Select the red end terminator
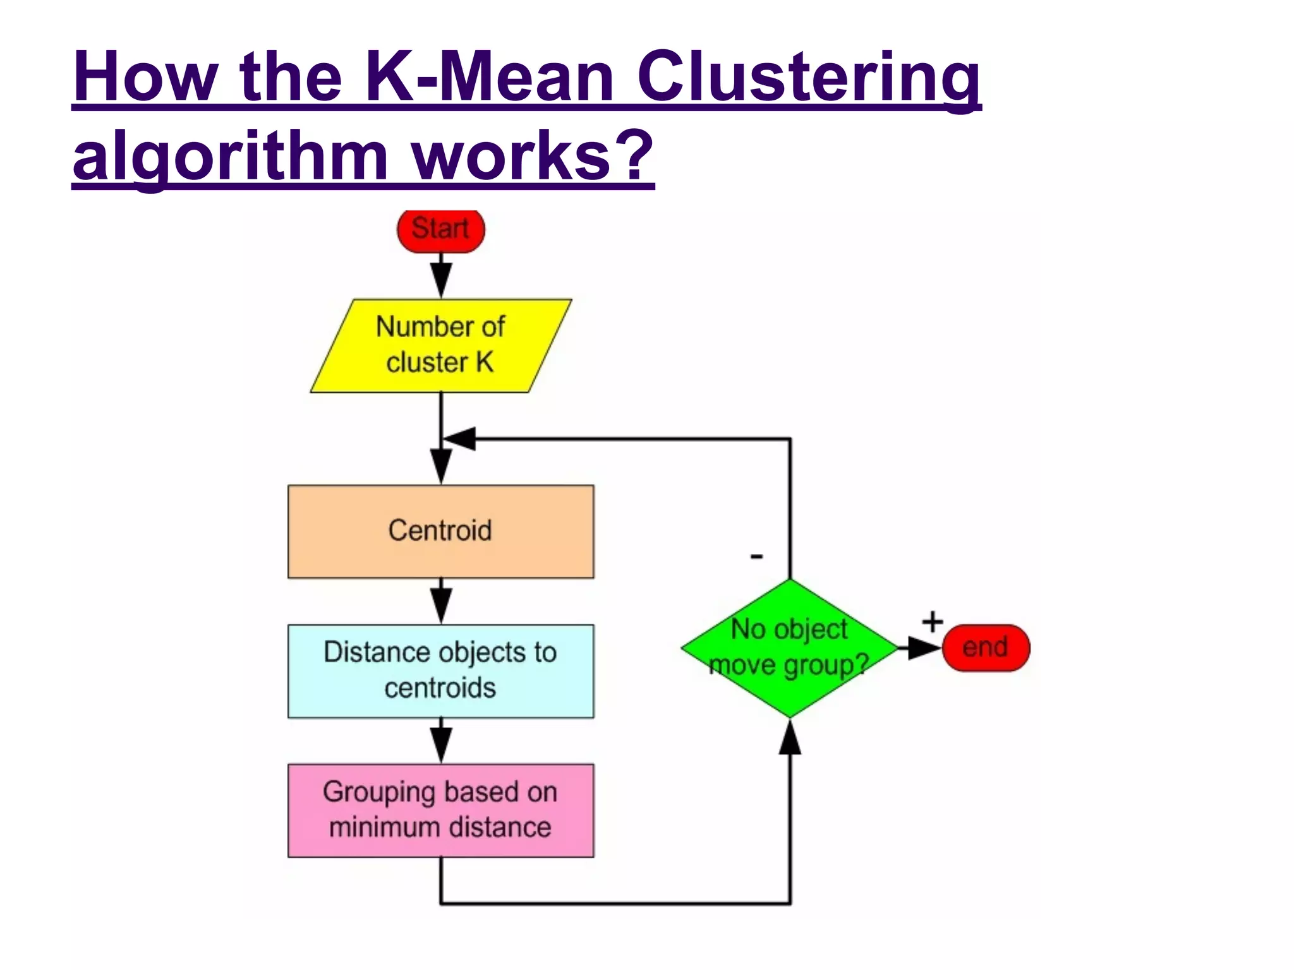click(x=985, y=648)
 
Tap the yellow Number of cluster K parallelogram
click(x=440, y=345)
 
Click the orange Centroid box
click(x=440, y=531)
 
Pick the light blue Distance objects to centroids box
click(x=440, y=671)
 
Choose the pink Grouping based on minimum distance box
click(x=440, y=810)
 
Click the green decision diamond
click(x=789, y=648)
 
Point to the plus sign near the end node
click(x=932, y=622)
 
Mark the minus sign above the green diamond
click(x=756, y=556)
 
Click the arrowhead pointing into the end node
click(x=924, y=648)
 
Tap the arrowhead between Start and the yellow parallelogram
click(x=440, y=278)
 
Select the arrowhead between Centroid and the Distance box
click(x=440, y=605)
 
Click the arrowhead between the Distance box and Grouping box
click(x=440, y=744)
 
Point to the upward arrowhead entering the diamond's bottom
click(x=790, y=738)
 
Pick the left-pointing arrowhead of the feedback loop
click(x=460, y=438)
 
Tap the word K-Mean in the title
click(x=489, y=77)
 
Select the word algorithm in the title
click(x=230, y=156)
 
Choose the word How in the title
click(x=145, y=77)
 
